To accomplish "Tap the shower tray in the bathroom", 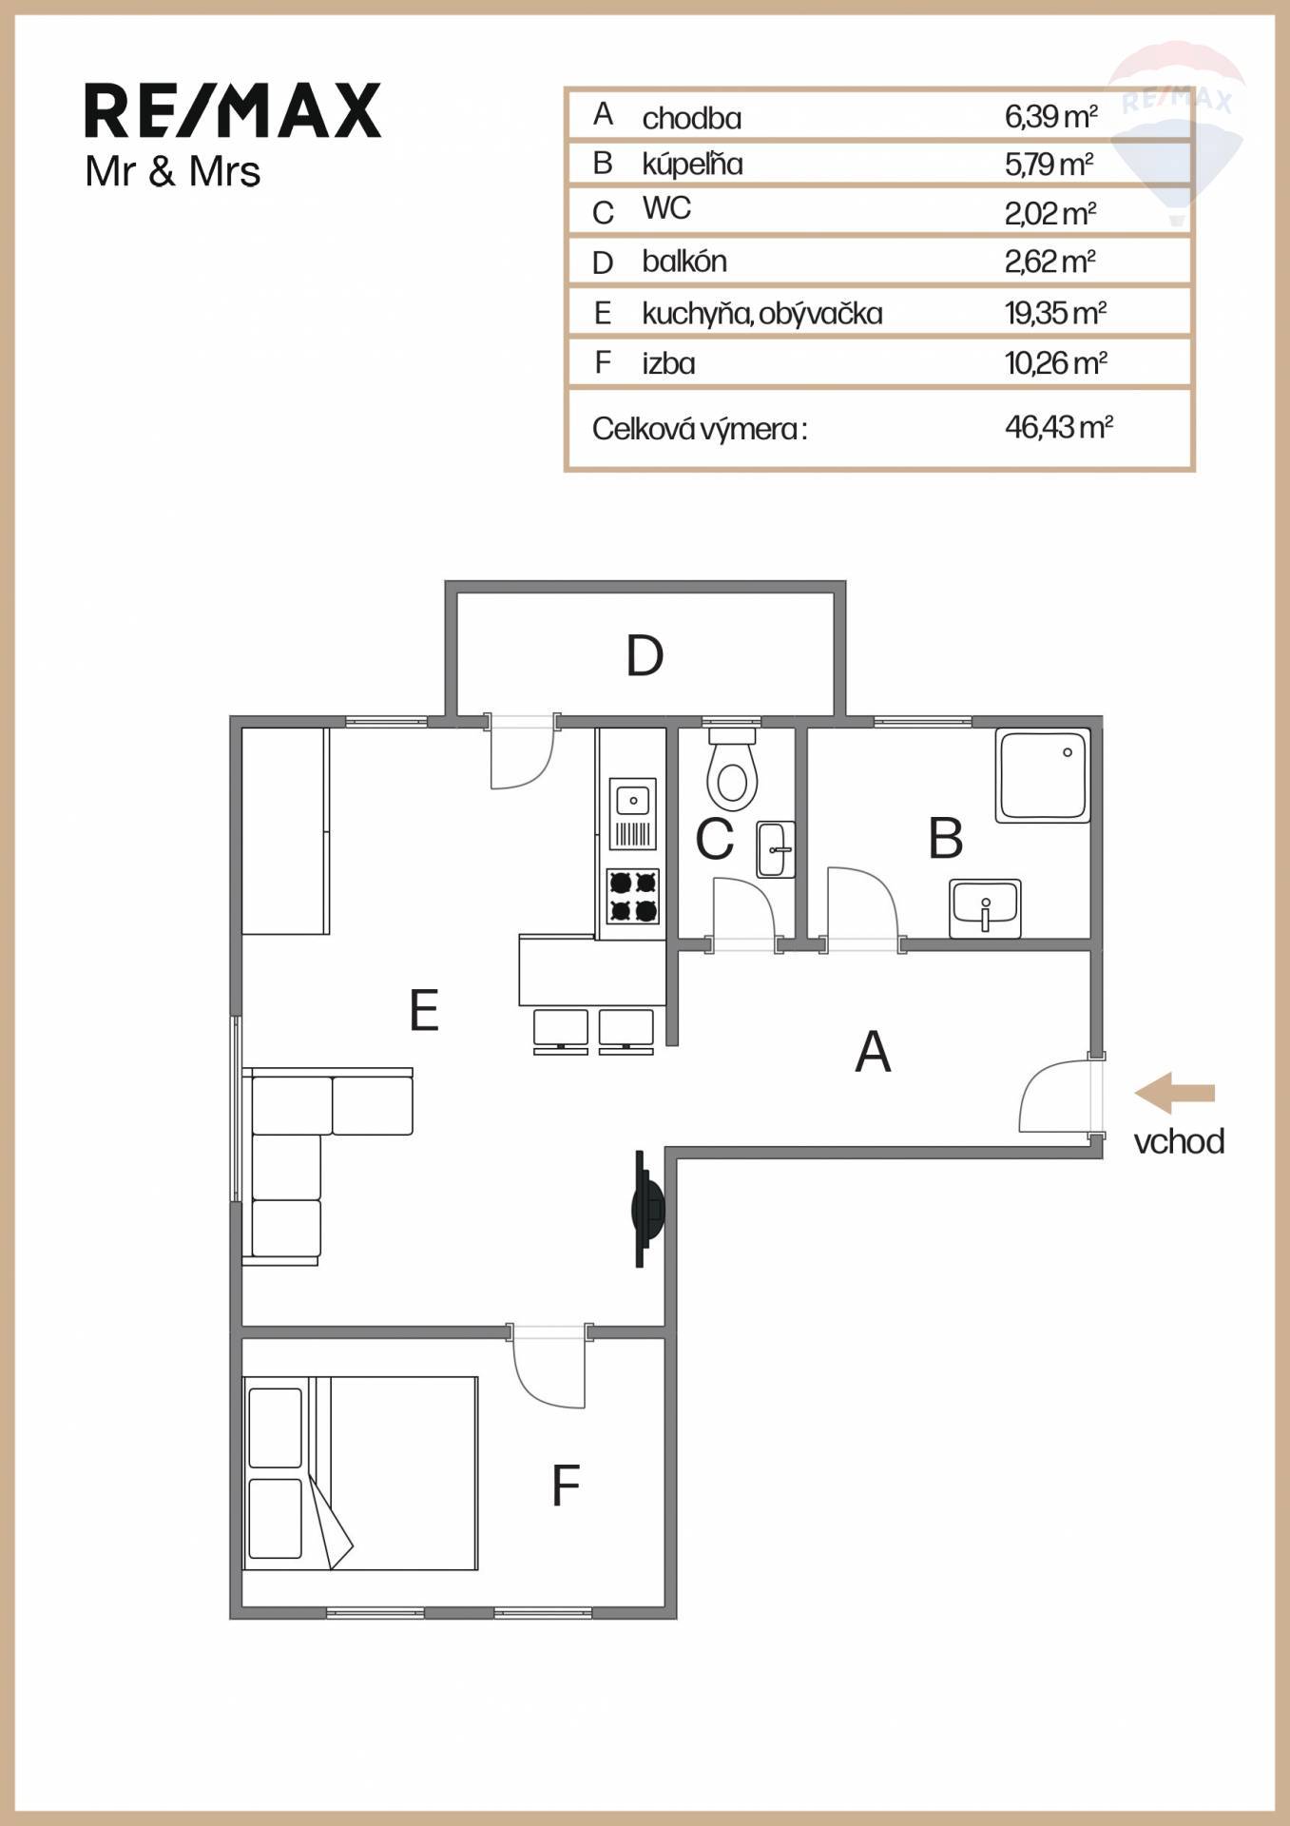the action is coord(1042,775).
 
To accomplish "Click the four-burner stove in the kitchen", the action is coord(633,896).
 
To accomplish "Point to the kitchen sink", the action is coord(633,813).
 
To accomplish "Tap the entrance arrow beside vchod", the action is coord(1174,1093).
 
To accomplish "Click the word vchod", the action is coord(1179,1141).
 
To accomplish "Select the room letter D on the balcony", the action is coord(645,655).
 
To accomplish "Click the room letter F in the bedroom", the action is coord(566,1485).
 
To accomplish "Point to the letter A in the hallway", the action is coord(873,1052).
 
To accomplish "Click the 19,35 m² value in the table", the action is coord(1055,313).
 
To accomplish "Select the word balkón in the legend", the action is coord(684,261).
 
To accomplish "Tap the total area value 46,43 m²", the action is coord(1059,427).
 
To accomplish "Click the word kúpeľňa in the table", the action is coord(692,164).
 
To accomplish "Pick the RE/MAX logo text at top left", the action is coord(233,110).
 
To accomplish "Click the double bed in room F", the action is coord(360,1473).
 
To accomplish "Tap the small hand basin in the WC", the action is coord(775,849).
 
